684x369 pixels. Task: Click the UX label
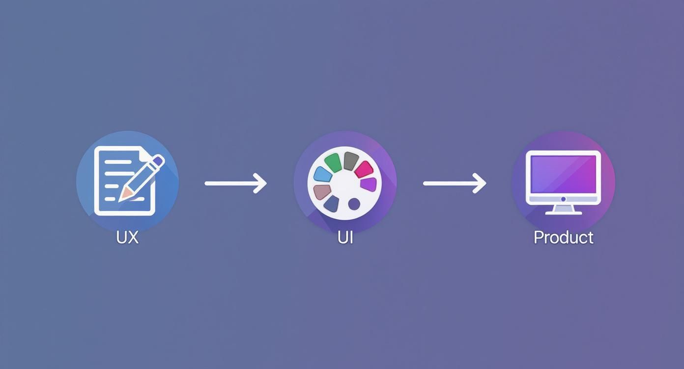click(x=127, y=237)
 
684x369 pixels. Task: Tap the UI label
click(x=345, y=237)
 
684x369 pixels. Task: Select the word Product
click(x=563, y=237)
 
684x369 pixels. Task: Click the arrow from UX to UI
click(x=235, y=184)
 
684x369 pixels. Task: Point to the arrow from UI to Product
click(x=454, y=184)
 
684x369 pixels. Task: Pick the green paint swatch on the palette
click(x=333, y=162)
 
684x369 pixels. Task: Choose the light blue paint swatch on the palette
click(x=321, y=174)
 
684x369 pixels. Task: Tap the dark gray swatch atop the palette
click(x=350, y=160)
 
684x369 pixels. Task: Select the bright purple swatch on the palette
click(x=369, y=185)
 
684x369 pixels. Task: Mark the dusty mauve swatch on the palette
click(x=322, y=191)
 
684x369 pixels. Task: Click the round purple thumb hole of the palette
click(x=354, y=203)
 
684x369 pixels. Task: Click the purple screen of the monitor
click(x=563, y=174)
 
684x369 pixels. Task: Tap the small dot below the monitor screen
click(x=563, y=199)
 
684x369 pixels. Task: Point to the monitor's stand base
click(x=563, y=212)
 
